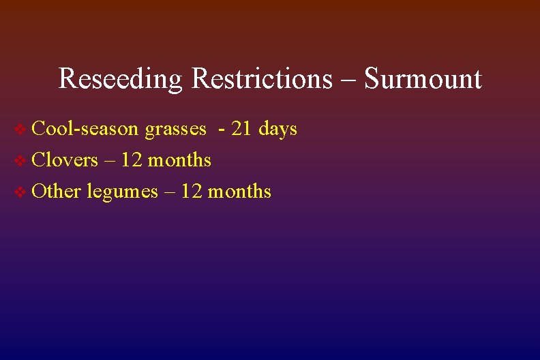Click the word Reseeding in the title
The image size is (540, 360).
pyautogui.click(x=121, y=79)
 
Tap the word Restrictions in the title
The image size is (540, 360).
pyautogui.click(x=262, y=79)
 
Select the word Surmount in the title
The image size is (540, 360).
pyautogui.click(x=423, y=79)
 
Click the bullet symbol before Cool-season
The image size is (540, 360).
pyautogui.click(x=20, y=129)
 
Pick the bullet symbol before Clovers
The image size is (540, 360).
pyautogui.click(x=20, y=160)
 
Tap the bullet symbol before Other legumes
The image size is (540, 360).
pyautogui.click(x=20, y=192)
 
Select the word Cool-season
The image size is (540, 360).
pyautogui.click(x=86, y=128)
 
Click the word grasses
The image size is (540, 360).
pyautogui.click(x=175, y=130)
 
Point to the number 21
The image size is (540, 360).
pyautogui.click(x=242, y=128)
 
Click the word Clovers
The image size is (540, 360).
pyautogui.click(x=65, y=160)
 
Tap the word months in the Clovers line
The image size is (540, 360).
pyautogui.click(x=179, y=160)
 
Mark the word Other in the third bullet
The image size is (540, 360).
pyautogui.click(x=57, y=191)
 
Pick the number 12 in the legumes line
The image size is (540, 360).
pyautogui.click(x=192, y=191)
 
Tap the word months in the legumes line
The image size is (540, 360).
pyautogui.click(x=239, y=191)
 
